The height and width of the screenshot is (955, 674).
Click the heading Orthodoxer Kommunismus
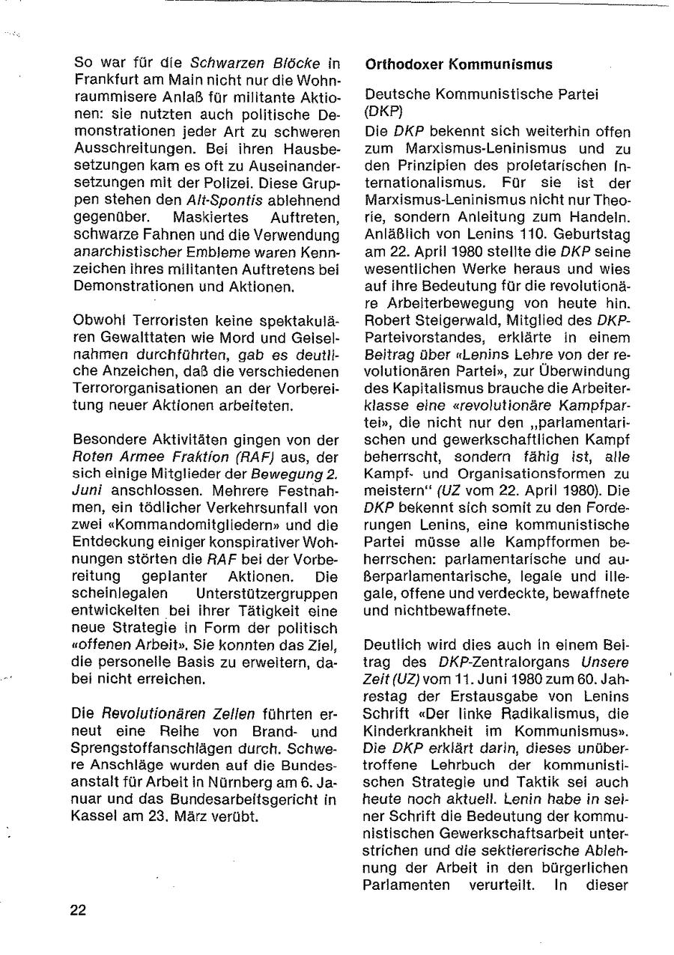[458, 65]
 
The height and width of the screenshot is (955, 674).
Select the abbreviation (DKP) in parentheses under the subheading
[384, 110]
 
